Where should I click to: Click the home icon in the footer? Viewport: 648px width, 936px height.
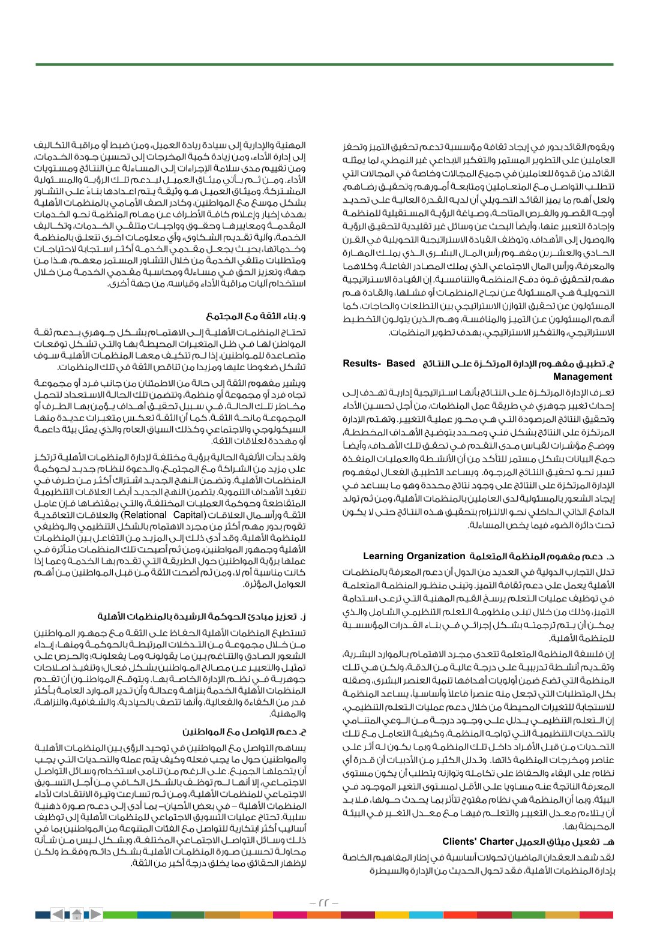[x=77, y=914]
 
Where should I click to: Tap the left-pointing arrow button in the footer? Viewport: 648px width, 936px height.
[x=58, y=914]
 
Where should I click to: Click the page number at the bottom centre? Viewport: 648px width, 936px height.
[x=324, y=903]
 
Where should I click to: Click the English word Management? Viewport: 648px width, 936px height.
[x=583, y=377]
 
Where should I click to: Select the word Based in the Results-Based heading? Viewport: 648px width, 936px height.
[x=401, y=364]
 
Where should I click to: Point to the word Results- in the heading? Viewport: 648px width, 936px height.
[x=362, y=364]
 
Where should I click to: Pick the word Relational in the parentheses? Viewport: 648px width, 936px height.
[x=144, y=515]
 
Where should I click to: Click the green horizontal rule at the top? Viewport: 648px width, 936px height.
[x=324, y=64]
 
